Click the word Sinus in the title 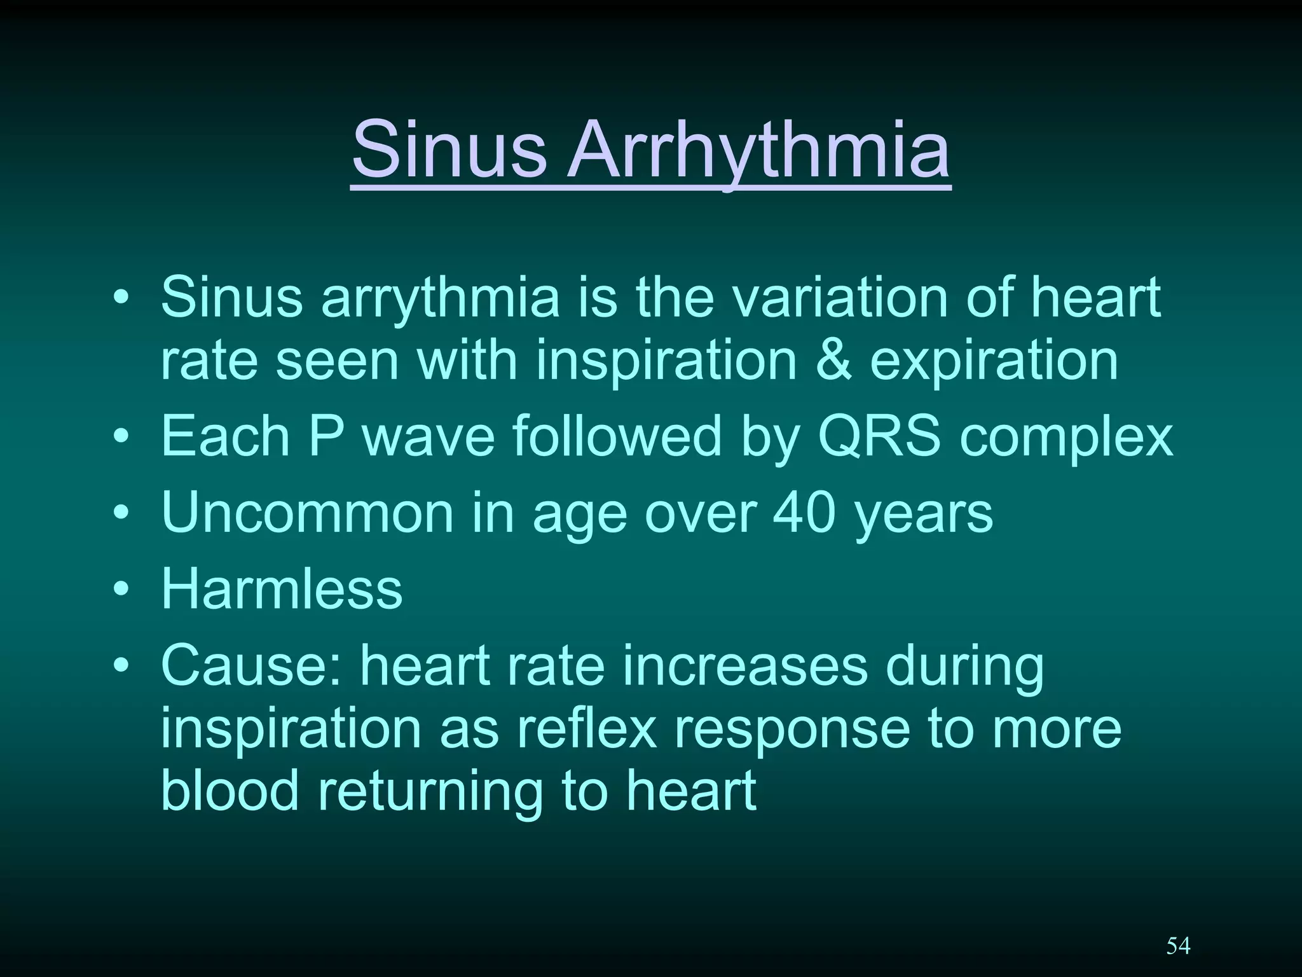449,150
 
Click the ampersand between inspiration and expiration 833,360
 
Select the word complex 1066,439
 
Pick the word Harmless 282,588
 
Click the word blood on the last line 230,790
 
